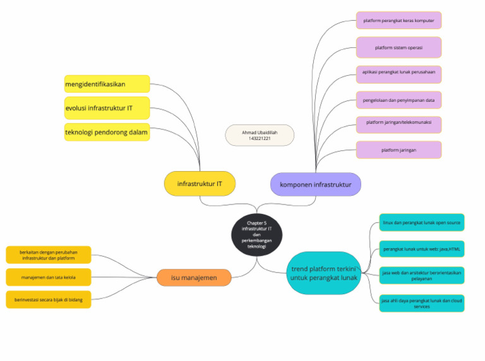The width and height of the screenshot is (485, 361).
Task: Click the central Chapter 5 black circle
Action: coord(256,234)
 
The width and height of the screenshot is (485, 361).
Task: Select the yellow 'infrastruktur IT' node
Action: coord(200,184)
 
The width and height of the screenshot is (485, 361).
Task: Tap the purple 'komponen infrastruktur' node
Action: coord(315,184)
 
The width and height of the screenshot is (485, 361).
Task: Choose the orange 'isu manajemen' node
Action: coord(194,278)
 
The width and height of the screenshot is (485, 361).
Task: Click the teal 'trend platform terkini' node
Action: coord(324,273)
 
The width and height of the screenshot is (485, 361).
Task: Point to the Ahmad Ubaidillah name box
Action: coord(260,135)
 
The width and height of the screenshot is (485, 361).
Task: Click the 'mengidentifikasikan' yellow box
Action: coord(107,84)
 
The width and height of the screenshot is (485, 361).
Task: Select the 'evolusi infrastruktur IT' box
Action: coord(107,108)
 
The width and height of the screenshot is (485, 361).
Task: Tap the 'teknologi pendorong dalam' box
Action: coord(107,132)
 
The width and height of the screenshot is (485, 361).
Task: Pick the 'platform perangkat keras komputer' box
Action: coord(398,20)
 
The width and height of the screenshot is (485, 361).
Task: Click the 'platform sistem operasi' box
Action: coord(398,47)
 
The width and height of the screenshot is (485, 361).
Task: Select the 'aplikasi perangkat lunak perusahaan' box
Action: coord(398,74)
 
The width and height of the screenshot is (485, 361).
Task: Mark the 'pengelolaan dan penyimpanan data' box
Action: coord(398,100)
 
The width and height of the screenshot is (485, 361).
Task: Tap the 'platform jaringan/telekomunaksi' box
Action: coord(398,124)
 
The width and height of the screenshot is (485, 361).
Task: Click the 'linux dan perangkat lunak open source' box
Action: coord(422,223)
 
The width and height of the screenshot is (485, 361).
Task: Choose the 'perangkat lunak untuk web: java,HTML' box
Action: coord(422,249)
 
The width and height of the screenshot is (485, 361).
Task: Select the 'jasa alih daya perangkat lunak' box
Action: coord(422,303)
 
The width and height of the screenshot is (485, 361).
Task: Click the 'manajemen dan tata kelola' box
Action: coord(48,277)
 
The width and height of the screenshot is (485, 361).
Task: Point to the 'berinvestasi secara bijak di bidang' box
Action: coord(48,299)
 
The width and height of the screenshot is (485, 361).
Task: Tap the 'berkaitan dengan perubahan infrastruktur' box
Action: coord(48,254)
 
